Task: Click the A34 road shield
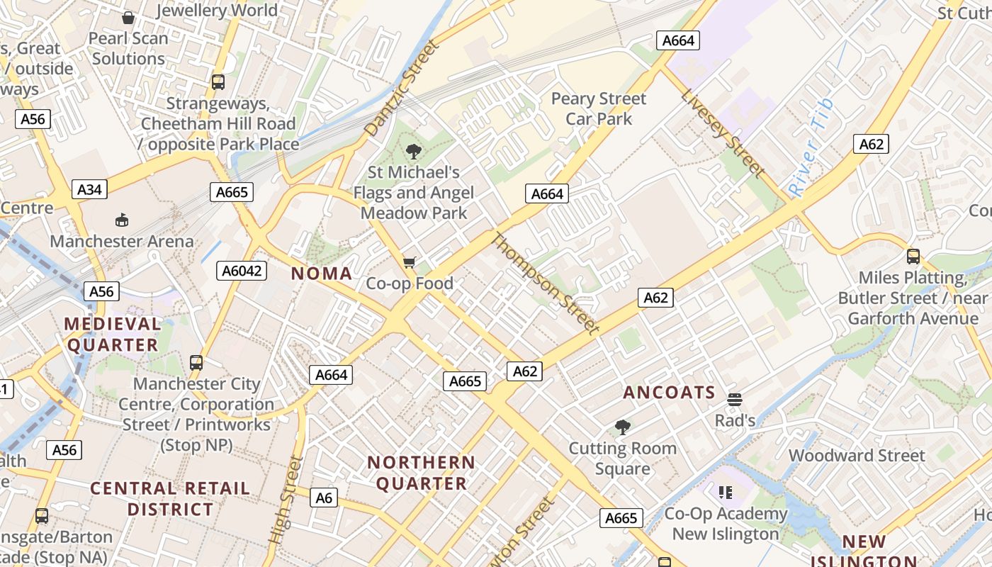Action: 89,189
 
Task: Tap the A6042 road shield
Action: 242,270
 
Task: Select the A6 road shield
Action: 323,498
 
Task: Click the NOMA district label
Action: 322,274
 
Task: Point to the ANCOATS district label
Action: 669,393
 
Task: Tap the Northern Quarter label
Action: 422,473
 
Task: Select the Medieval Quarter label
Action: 112,335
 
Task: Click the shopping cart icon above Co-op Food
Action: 409,263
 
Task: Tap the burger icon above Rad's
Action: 735,400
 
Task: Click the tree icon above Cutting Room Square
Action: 623,427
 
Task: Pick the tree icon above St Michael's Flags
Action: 414,151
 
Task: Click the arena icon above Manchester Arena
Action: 122,220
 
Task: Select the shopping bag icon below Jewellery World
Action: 128,17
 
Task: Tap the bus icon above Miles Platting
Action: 913,257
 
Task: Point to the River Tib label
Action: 812,148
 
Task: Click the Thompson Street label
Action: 545,282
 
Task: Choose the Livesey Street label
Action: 723,133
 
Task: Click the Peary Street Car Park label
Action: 599,108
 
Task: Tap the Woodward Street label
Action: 857,456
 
